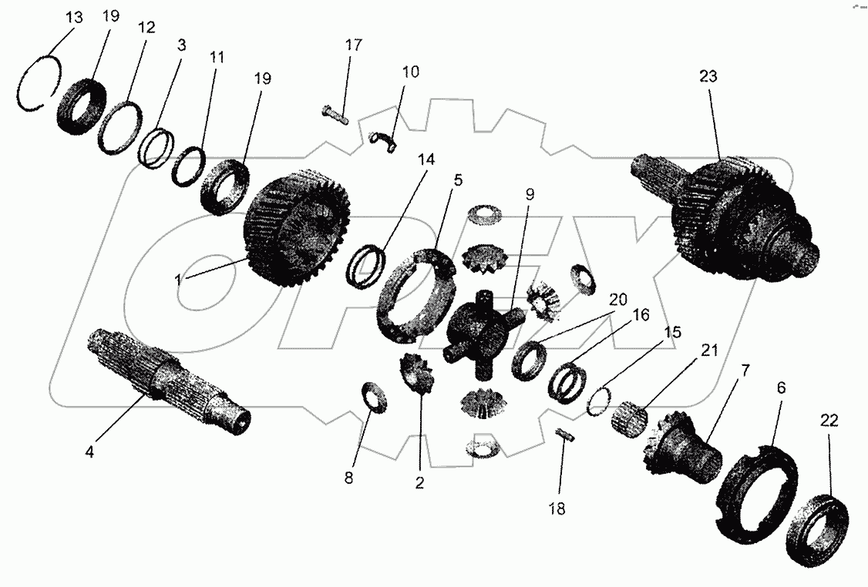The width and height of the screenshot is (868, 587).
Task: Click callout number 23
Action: [x=708, y=76]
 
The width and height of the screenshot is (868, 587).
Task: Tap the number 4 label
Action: [x=89, y=453]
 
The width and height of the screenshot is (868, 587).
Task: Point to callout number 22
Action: [x=829, y=421]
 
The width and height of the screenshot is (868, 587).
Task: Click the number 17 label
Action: [x=353, y=45]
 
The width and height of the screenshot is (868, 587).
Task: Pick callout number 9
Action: [x=530, y=195]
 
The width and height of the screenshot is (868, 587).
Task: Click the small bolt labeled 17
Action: [x=335, y=113]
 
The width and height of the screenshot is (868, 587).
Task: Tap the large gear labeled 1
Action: [x=297, y=230]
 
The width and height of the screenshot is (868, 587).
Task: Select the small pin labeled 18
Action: [x=567, y=435]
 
